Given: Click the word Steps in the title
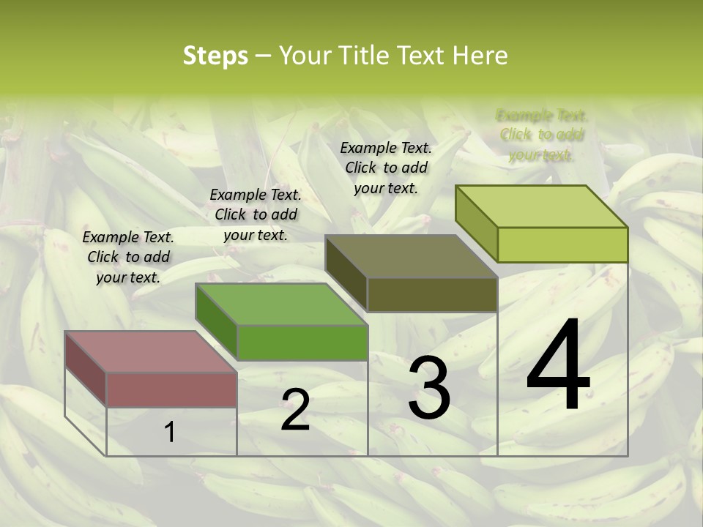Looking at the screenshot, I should click(x=215, y=56).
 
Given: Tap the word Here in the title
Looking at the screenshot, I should click(x=480, y=56).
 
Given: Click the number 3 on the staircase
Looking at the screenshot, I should click(x=429, y=388).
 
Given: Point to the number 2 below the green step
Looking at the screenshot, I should click(x=295, y=410).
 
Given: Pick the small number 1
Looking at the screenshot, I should click(x=170, y=432).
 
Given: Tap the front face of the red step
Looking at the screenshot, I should click(x=171, y=389).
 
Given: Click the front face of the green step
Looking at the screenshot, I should click(x=302, y=343).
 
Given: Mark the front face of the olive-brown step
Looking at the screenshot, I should click(x=432, y=295).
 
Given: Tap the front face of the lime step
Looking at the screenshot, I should click(x=562, y=244).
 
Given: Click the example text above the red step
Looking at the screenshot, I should click(x=128, y=257).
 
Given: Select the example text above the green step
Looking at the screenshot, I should click(x=256, y=214).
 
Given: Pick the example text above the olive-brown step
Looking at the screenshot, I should click(x=386, y=168).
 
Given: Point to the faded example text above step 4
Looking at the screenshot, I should click(x=542, y=135).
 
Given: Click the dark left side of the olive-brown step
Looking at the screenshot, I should click(x=346, y=272).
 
